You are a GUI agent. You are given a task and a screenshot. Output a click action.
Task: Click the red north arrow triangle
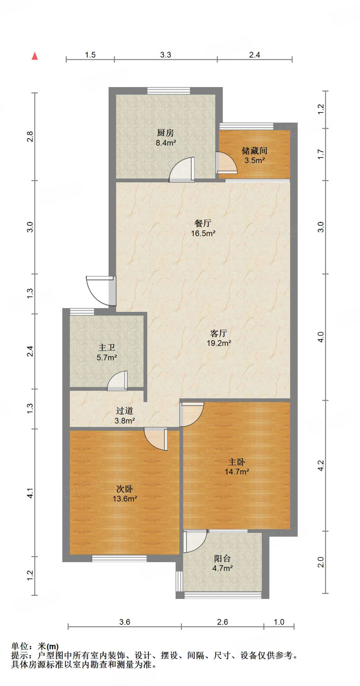point(35,56)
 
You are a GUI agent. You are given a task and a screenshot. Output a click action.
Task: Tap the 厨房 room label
point(166,133)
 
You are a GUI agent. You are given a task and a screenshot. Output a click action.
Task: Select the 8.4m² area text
point(166,143)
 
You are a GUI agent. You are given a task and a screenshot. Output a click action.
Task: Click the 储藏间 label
point(254,151)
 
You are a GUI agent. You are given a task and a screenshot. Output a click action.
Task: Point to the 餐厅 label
point(203,223)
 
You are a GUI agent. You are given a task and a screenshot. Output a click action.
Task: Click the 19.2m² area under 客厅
point(219,343)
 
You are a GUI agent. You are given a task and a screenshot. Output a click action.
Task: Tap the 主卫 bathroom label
point(107,348)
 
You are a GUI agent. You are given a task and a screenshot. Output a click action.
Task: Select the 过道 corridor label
point(125,411)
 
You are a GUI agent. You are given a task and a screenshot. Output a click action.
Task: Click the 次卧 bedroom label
point(125,489)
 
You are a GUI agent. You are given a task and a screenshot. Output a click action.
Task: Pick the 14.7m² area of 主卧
point(237,472)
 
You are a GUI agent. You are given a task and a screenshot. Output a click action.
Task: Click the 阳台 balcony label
point(222,558)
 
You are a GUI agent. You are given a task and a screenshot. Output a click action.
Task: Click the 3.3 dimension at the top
point(166,55)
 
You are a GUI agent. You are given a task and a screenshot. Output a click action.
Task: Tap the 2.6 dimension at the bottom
point(222,622)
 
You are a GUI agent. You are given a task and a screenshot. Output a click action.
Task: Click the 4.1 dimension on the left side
point(30,493)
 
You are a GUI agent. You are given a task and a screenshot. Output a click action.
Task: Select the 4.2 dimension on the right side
point(321,466)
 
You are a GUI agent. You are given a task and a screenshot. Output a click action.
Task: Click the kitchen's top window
point(169,90)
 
